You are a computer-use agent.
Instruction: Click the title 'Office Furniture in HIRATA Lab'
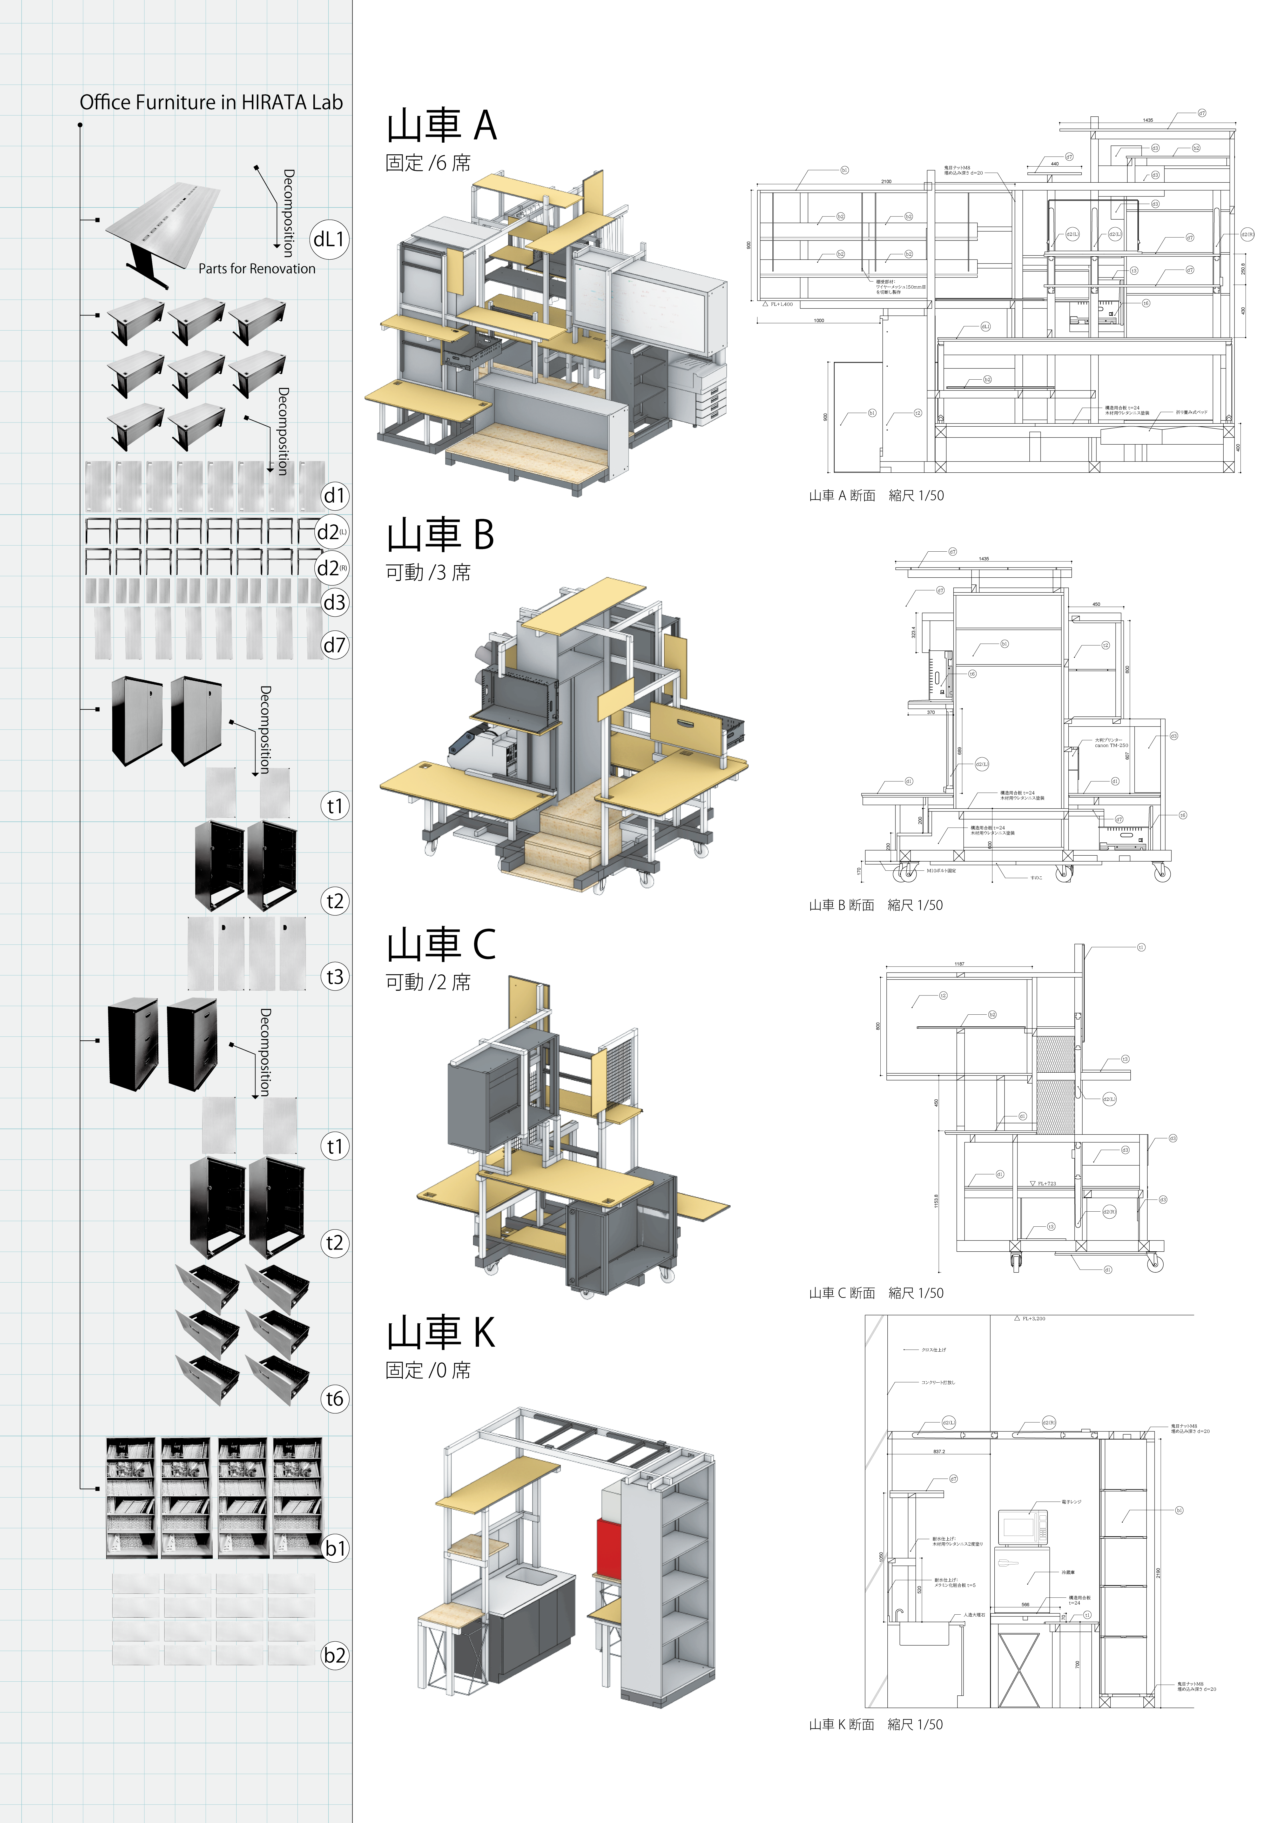pos(211,102)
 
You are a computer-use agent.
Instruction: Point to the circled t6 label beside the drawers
pos(334,1398)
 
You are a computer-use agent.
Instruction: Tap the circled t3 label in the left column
pos(334,976)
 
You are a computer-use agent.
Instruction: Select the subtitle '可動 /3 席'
pos(428,572)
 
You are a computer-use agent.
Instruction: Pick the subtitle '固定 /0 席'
pos(428,1370)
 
